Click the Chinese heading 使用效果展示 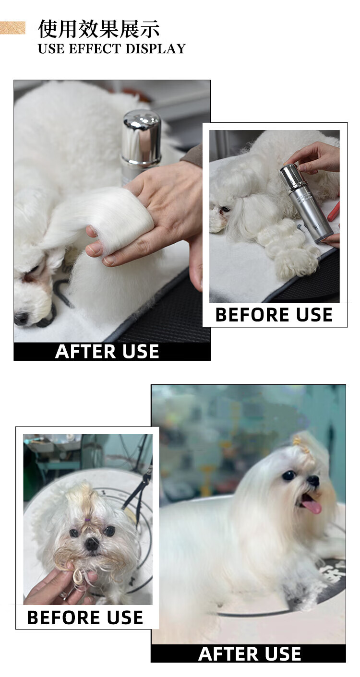click(x=98, y=29)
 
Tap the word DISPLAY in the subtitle click(x=156, y=48)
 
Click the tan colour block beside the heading click(x=12, y=28)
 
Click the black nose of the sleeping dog click(x=21, y=318)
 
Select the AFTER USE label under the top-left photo click(x=107, y=351)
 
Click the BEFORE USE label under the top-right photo click(x=274, y=315)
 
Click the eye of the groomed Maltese click(x=288, y=475)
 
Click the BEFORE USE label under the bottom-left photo click(x=85, y=617)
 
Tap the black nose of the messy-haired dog click(x=92, y=544)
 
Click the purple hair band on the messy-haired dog click(x=88, y=520)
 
